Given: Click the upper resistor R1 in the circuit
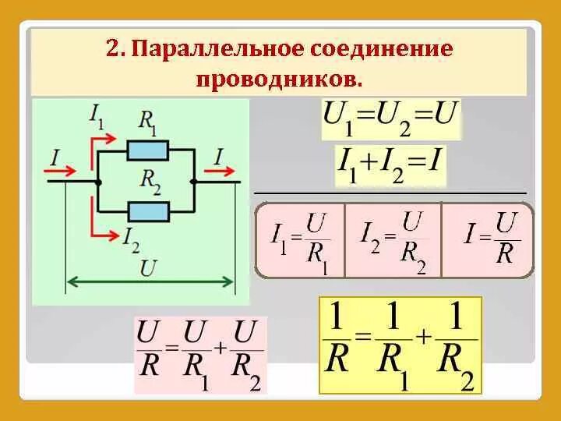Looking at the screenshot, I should click(148, 149).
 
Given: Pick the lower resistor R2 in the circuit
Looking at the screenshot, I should click(148, 210).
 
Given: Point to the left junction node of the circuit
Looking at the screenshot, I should click(97, 181).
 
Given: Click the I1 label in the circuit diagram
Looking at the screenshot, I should click(97, 118).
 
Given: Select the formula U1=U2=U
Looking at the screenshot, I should click(390, 120).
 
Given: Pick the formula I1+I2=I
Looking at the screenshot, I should click(390, 165).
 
